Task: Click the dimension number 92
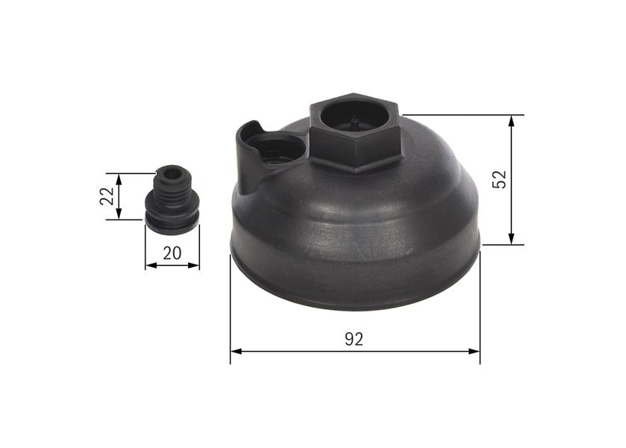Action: click(x=354, y=340)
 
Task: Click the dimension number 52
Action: click(x=500, y=179)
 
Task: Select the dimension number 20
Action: click(x=172, y=253)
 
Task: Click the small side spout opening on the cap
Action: click(x=281, y=148)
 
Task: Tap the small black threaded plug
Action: click(x=171, y=198)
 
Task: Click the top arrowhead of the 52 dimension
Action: click(x=512, y=120)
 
